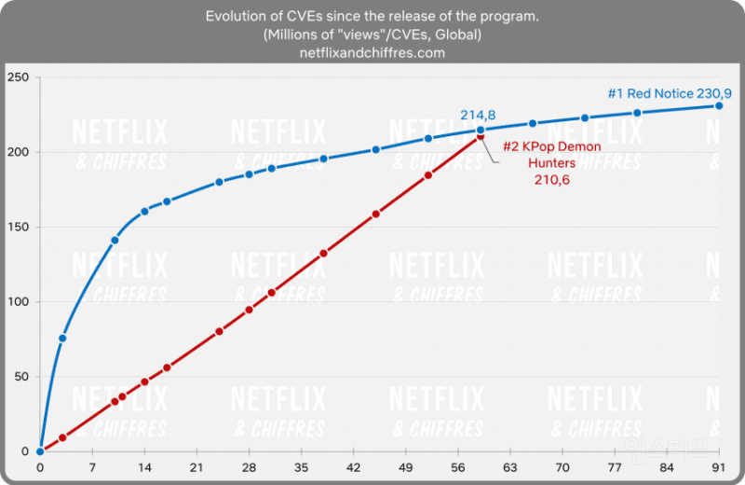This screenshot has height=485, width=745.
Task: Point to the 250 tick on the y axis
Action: tap(19, 76)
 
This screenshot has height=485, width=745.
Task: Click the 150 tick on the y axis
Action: tap(19, 227)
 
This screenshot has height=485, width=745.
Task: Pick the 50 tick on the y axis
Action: tap(21, 377)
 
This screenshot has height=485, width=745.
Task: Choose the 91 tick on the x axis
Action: tap(718, 466)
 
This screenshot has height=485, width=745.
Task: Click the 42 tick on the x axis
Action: tap(353, 466)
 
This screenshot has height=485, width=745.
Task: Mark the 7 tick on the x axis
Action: tap(92, 466)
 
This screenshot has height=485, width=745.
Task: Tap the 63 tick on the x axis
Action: tap(509, 466)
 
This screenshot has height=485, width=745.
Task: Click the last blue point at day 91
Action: tap(719, 105)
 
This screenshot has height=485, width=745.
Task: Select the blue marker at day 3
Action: tap(62, 338)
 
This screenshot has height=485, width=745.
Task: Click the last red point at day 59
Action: tap(481, 136)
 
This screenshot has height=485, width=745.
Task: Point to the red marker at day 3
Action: tap(62, 437)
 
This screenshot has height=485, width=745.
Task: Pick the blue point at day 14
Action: tap(144, 211)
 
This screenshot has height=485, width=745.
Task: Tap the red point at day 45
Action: tap(376, 214)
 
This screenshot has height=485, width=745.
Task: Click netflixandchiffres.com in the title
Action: tap(372, 53)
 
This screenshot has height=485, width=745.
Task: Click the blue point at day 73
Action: tap(585, 118)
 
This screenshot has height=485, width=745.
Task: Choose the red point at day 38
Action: tap(323, 253)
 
